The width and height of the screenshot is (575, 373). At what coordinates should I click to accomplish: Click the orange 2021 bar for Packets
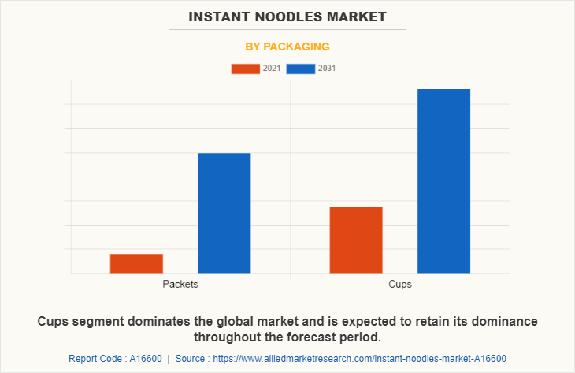pyautogui.click(x=136, y=263)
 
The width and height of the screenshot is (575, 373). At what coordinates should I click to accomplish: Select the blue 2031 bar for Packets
pyautogui.click(x=224, y=213)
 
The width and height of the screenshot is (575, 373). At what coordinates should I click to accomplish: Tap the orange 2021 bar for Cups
pyautogui.click(x=356, y=240)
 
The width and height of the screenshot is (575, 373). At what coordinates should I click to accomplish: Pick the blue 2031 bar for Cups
pyautogui.click(x=443, y=181)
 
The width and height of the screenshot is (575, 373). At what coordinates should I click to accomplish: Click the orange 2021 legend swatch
pyautogui.click(x=245, y=69)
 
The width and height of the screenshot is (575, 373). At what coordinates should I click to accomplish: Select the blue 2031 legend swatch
pyautogui.click(x=301, y=69)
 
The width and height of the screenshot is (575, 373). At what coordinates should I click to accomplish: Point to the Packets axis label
pyautogui.click(x=180, y=284)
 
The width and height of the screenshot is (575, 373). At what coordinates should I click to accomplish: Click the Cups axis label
pyautogui.click(x=400, y=284)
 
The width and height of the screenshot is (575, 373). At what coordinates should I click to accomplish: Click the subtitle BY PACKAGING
pyautogui.click(x=287, y=47)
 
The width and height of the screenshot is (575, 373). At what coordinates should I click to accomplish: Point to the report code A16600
pyautogui.click(x=145, y=358)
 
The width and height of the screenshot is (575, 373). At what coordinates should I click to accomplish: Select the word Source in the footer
pyautogui.click(x=191, y=358)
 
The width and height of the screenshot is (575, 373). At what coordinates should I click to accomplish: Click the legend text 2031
pyautogui.click(x=327, y=69)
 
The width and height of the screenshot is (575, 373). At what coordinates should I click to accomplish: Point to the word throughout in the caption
pyautogui.click(x=227, y=338)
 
